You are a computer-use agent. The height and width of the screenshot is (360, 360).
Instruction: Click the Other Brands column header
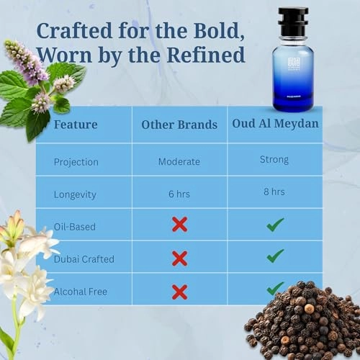point(179,125)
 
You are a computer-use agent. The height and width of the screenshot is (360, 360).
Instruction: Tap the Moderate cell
point(179,161)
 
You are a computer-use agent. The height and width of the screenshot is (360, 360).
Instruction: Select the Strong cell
point(274,159)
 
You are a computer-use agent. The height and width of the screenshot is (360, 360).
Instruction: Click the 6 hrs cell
point(179,194)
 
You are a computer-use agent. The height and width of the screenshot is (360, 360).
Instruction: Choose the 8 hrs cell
point(274,192)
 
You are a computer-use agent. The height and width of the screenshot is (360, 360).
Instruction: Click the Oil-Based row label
point(75,226)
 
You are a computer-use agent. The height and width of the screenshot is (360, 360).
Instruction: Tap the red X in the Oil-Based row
point(179,225)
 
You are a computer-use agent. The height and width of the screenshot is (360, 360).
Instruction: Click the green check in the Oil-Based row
point(274,225)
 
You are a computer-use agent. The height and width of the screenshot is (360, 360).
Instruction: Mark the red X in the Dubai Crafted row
point(179,258)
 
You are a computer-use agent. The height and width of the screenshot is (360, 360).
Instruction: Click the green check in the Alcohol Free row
point(274,288)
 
